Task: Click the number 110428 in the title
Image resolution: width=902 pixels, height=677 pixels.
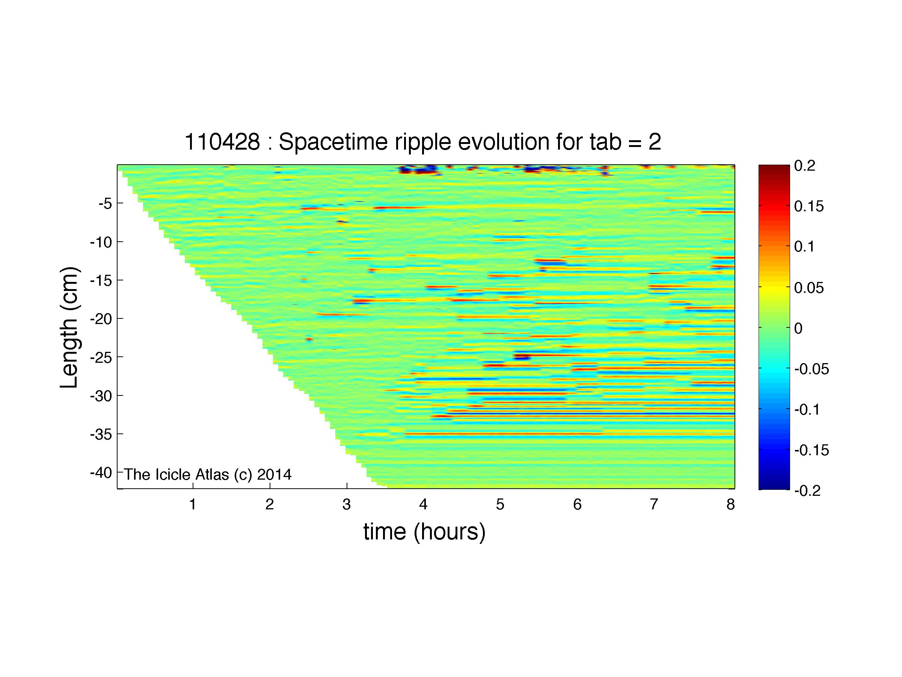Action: click(222, 142)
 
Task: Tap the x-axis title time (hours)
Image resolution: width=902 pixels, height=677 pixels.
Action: click(424, 532)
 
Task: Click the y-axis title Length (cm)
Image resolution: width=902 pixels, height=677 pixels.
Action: click(69, 327)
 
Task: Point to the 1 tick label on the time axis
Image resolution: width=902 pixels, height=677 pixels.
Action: click(193, 505)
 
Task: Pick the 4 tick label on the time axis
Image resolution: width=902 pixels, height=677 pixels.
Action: click(423, 505)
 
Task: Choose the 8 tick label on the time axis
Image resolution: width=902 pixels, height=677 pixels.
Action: click(730, 505)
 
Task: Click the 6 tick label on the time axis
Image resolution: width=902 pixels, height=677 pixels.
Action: click(577, 505)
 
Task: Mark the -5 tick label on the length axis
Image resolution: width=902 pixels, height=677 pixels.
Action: click(105, 203)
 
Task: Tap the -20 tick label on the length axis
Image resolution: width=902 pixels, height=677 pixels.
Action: click(101, 318)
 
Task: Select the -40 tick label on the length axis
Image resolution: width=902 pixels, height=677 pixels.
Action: click(101, 473)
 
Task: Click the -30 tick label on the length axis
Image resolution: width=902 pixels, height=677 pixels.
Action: click(101, 395)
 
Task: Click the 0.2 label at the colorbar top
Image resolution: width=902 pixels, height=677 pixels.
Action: click(804, 165)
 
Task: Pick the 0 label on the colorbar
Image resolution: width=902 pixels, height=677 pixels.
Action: click(798, 328)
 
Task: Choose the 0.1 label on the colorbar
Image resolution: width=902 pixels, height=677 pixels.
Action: click(804, 247)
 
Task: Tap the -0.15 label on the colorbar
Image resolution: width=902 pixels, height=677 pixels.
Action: click(811, 450)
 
